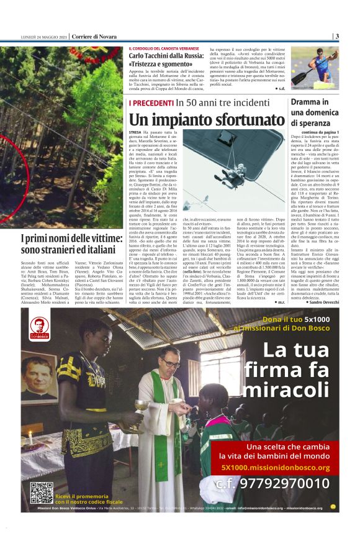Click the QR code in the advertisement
(x=42, y=491)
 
